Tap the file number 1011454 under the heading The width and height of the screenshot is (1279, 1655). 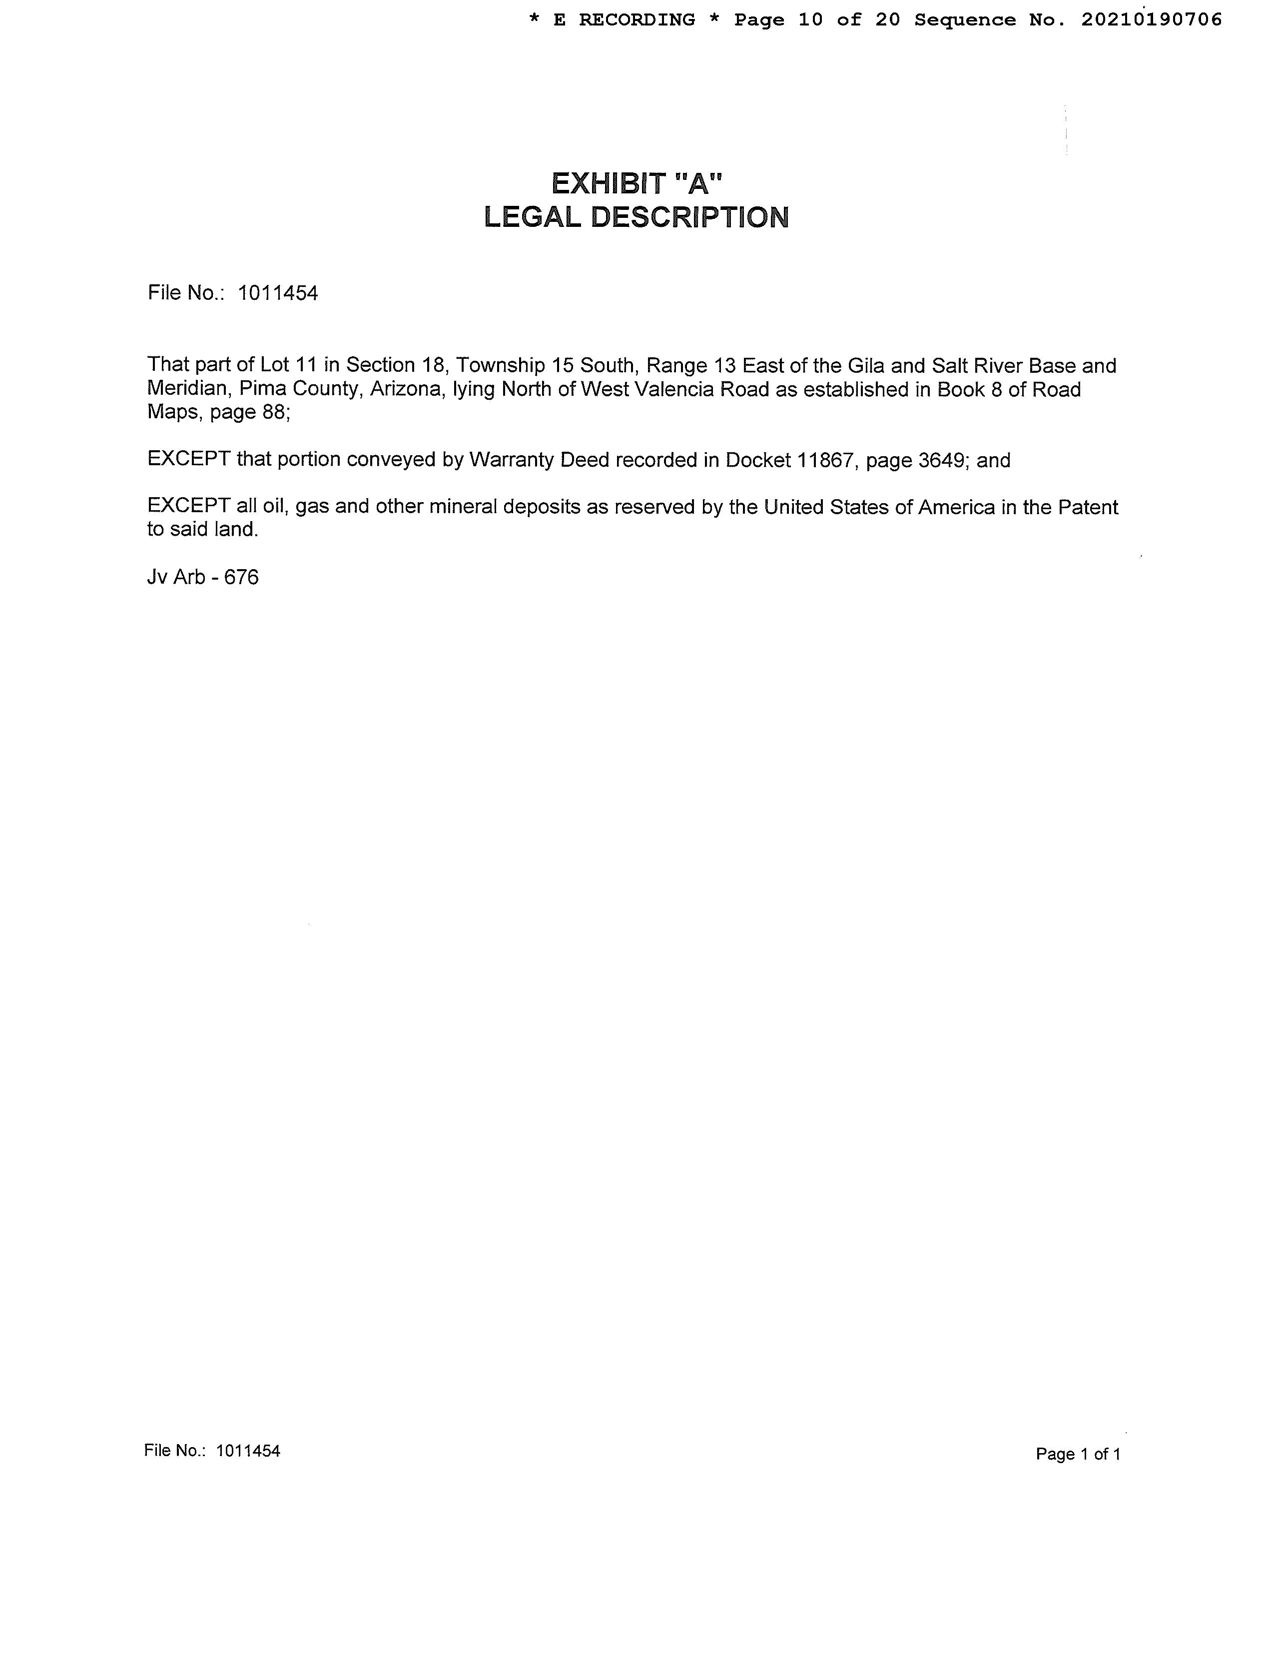coord(278,293)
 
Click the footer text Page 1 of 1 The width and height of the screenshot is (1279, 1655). coord(1078,1454)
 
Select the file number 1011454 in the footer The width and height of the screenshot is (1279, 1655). coord(248,1451)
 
